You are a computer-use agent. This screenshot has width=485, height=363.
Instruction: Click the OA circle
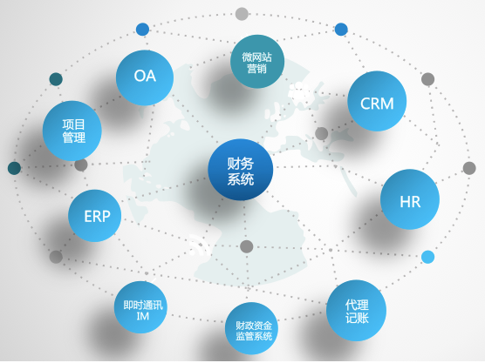pyautogui.click(x=145, y=77)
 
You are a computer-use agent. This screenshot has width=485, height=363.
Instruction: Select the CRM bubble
pyautogui.click(x=377, y=101)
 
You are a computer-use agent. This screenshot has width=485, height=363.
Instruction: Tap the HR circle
pyautogui.click(x=410, y=199)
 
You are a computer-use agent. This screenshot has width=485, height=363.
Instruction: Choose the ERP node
pyautogui.click(x=95, y=216)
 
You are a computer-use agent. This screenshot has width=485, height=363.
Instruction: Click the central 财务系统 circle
pyautogui.click(x=241, y=170)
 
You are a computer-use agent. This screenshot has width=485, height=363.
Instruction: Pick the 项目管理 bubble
pyautogui.click(x=72, y=131)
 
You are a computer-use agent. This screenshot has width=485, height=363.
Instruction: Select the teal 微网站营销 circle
pyautogui.click(x=257, y=62)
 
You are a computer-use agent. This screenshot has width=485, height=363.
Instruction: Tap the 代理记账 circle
pyautogui.click(x=356, y=311)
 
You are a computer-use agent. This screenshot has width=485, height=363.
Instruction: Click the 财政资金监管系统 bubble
pyautogui.click(x=251, y=328)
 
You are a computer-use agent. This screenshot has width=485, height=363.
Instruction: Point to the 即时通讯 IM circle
pyautogui.click(x=140, y=307)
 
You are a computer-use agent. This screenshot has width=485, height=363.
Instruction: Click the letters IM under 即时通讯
pyautogui.click(x=142, y=316)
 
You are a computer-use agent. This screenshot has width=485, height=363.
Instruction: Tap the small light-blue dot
pyautogui.click(x=427, y=257)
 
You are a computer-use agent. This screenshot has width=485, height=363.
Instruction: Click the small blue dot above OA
pyautogui.click(x=142, y=30)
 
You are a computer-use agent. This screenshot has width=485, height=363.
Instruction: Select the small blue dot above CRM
pyautogui.click(x=341, y=30)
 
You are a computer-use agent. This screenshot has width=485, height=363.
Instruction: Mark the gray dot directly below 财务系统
pyautogui.click(x=247, y=246)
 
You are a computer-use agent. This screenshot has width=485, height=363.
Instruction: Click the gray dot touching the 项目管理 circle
pyautogui.click(x=81, y=165)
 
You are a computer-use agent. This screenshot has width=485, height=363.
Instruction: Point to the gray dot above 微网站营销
pyautogui.click(x=242, y=14)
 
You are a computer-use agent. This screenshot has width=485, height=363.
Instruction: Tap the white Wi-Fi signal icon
pyautogui.click(x=199, y=245)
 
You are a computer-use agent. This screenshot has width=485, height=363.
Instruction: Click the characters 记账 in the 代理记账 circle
pyautogui.click(x=357, y=318)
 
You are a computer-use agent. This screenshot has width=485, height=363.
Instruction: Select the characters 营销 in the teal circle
pyautogui.click(x=256, y=68)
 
